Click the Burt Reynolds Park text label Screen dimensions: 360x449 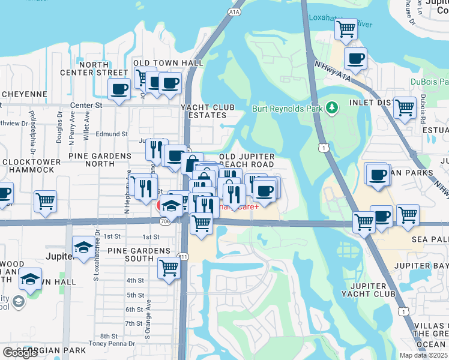[285, 109]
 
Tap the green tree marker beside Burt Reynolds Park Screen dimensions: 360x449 [331, 108]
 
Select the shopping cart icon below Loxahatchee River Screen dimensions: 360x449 [346, 29]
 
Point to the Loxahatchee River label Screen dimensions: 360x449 [340, 17]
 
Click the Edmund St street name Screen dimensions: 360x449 [112, 134]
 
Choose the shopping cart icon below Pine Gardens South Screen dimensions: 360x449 [169, 268]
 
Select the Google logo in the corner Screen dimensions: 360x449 [20, 353]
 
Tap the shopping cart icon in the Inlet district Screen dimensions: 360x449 [405, 108]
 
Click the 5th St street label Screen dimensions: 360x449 [134, 295]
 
